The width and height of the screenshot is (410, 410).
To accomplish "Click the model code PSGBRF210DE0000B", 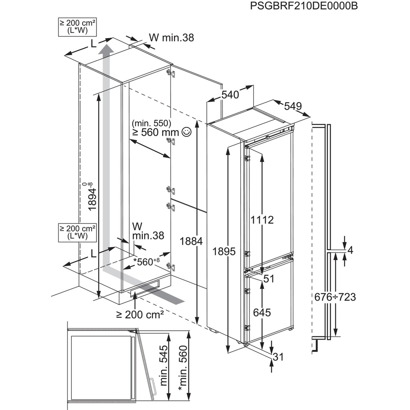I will pyautogui.click(x=303, y=7).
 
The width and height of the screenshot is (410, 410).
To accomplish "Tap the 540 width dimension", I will pyautogui.click(x=230, y=95).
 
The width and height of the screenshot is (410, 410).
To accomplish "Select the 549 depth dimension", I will pyautogui.click(x=293, y=106).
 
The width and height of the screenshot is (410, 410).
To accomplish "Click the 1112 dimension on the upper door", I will pyautogui.click(x=262, y=219).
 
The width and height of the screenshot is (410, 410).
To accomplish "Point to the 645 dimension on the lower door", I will pyautogui.click(x=262, y=312).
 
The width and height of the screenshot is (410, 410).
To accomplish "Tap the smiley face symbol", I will pyautogui.click(x=186, y=131).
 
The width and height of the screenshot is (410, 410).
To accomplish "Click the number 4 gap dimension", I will pyautogui.click(x=351, y=250).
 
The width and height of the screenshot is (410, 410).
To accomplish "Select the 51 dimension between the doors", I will pyautogui.click(x=269, y=279).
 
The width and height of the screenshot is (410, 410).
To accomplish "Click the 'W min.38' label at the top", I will pyautogui.click(x=171, y=38).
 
